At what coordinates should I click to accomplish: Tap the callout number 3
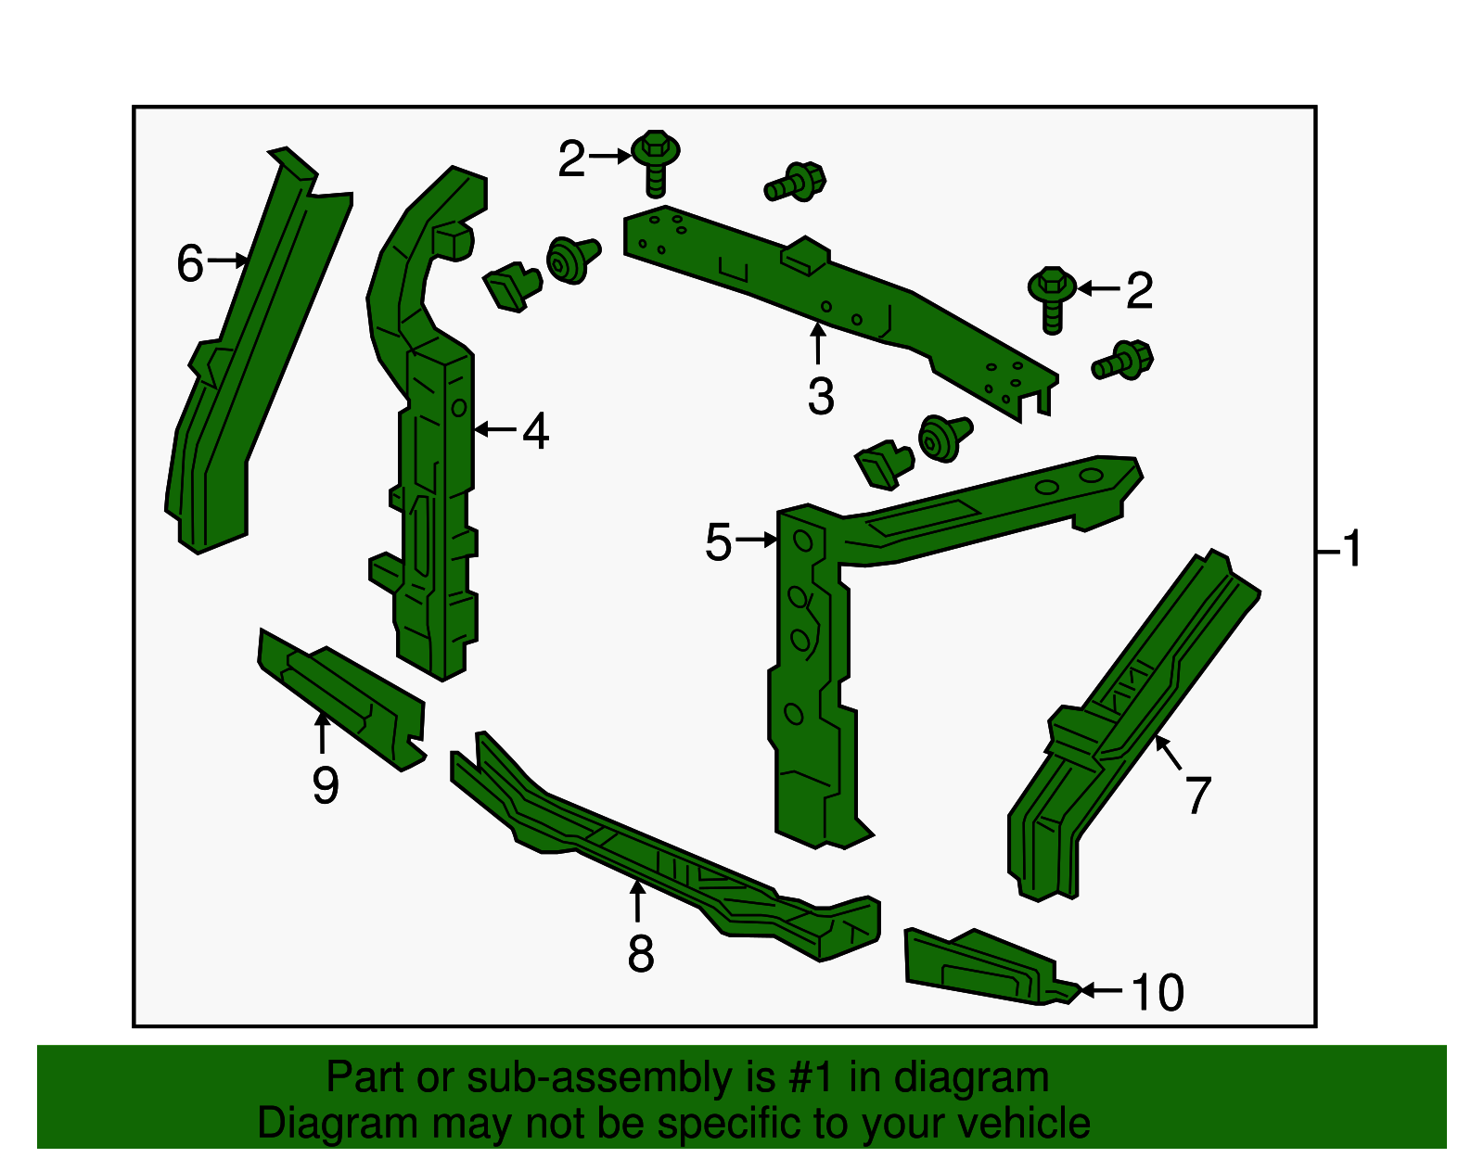pos(820,396)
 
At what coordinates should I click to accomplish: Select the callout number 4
pos(535,430)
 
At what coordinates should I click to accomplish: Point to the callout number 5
pos(718,542)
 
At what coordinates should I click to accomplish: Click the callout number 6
pos(190,262)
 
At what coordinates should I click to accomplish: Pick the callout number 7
pos(1197,795)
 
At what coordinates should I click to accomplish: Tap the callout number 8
pos(641,954)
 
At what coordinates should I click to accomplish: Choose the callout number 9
pos(325,785)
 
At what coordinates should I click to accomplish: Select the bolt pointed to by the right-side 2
pos(1052,299)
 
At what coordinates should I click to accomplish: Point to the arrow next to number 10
pos(1101,989)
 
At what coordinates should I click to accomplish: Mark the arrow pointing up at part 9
pos(322,732)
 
